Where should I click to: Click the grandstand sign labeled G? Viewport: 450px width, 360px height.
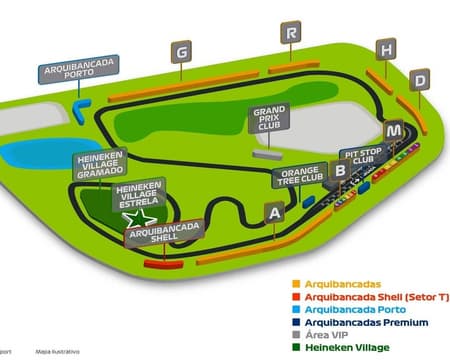click(181, 52)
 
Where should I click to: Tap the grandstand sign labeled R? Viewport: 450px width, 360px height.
click(291, 33)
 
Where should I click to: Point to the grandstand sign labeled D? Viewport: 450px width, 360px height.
click(420, 79)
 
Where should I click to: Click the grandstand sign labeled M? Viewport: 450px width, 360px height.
click(397, 131)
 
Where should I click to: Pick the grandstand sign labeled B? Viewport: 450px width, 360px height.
click(341, 171)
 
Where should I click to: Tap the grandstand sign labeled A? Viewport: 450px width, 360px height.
click(272, 212)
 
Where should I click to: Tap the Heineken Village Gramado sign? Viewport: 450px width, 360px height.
click(100, 166)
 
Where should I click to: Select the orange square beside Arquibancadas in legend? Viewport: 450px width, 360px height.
click(296, 283)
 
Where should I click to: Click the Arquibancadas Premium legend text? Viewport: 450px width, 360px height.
click(366, 322)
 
